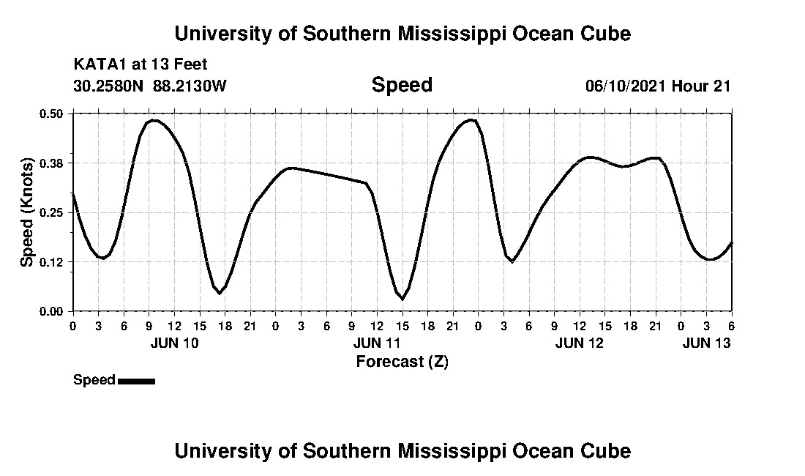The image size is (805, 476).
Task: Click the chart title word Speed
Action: (402, 85)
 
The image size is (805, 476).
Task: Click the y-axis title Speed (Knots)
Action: (27, 212)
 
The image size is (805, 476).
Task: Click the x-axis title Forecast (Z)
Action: (402, 361)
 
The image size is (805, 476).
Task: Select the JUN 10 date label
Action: (174, 343)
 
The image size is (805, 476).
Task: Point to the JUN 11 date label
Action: (377, 343)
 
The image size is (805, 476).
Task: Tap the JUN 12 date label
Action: (580, 343)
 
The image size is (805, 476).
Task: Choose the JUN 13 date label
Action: (706, 343)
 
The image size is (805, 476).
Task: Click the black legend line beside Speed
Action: (136, 381)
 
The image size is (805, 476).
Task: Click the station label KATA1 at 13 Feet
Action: (141, 64)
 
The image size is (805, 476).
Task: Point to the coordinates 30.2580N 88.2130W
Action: (150, 86)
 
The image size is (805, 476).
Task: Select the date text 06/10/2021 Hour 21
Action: (658, 86)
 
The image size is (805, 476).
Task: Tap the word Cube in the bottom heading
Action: (610, 450)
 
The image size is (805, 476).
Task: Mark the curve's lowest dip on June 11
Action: (402, 299)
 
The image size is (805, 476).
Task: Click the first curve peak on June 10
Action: (154, 120)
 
